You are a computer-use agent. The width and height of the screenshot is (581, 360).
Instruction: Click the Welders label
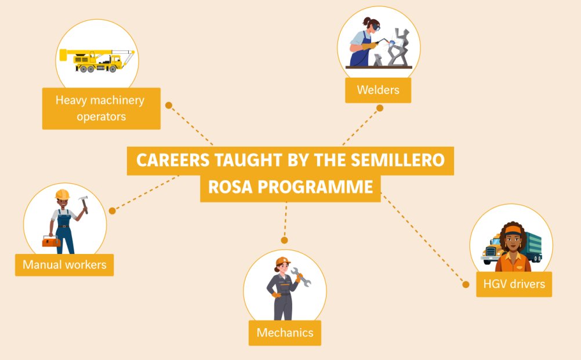pyautogui.click(x=378, y=90)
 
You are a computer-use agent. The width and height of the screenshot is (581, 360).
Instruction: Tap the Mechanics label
pyautogui.click(x=285, y=333)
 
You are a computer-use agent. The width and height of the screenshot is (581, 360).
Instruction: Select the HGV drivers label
pyautogui.click(x=514, y=284)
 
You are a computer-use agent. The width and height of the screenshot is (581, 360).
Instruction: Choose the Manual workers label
pyautogui.click(x=64, y=265)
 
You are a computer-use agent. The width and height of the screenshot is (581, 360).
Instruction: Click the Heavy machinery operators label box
pyautogui.click(x=100, y=108)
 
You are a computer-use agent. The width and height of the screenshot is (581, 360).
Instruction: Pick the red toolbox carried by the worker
pyautogui.click(x=51, y=241)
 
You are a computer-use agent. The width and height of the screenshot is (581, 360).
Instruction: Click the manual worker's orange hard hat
pyautogui.click(x=62, y=195)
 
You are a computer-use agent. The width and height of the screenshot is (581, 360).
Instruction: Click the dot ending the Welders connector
pyautogui.click(x=380, y=108)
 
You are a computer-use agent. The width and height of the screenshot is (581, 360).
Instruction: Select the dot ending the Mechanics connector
pyautogui.click(x=284, y=240)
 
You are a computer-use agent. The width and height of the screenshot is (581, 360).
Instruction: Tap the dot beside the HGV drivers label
pyautogui.click(x=465, y=284)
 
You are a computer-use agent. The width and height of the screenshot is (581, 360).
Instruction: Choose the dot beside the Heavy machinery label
pyautogui.click(x=169, y=106)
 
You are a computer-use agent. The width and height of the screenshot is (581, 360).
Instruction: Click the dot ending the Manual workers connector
pyautogui.click(x=112, y=210)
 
